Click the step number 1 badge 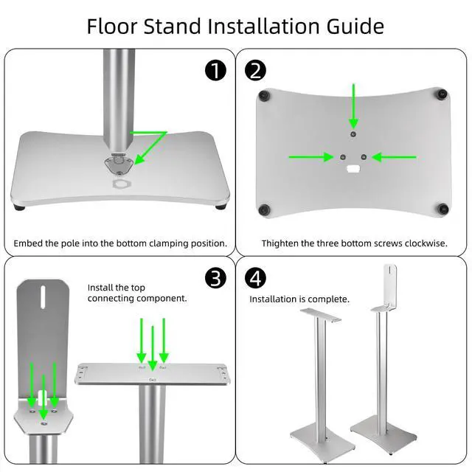pyautogui.click(x=215, y=70)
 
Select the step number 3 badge pyautogui.click(x=215, y=277)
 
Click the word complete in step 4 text pyautogui.click(x=330, y=299)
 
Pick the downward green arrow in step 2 pyautogui.click(x=354, y=105)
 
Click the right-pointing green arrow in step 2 pyautogui.click(x=310, y=156)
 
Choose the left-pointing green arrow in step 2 pyautogui.click(x=397, y=156)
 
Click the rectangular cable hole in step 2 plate pyautogui.click(x=353, y=170)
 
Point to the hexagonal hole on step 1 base pyautogui.click(x=119, y=182)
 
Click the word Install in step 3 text pyautogui.click(x=101, y=287)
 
